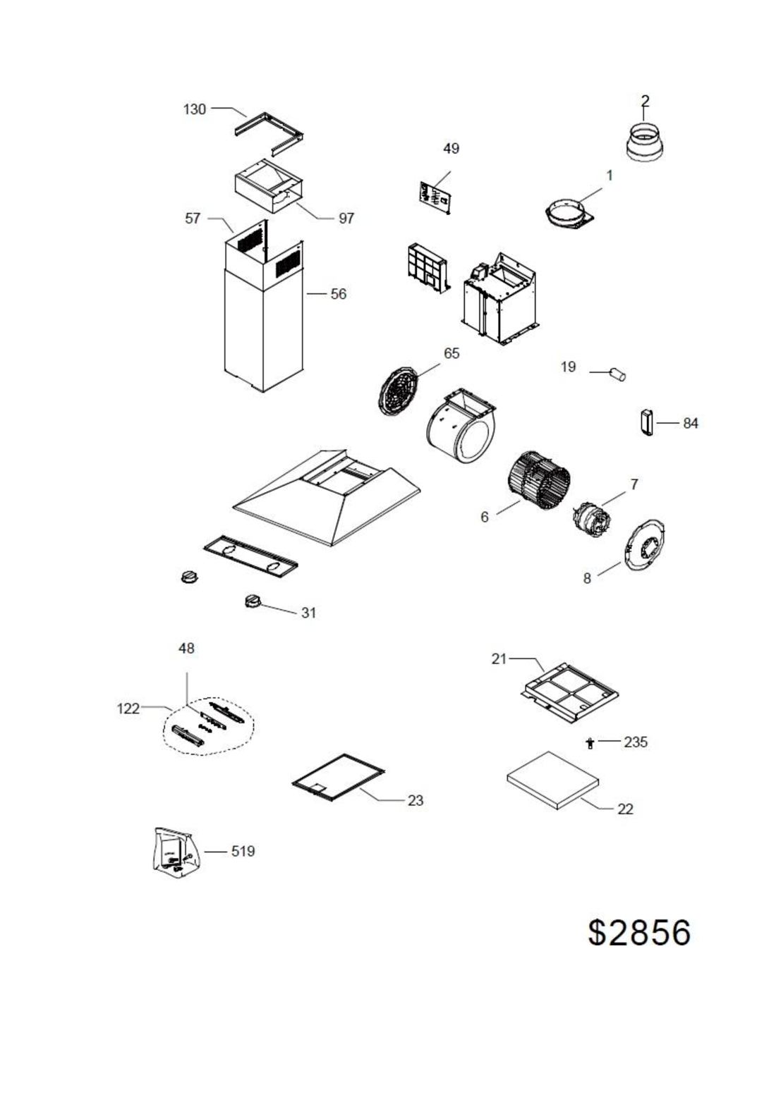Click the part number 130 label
[x=195, y=109]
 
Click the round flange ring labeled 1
[x=568, y=214]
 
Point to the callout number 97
[x=346, y=219]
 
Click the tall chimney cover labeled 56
[x=265, y=331]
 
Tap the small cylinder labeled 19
[x=618, y=374]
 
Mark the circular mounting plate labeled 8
[x=644, y=546]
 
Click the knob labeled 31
[x=253, y=601]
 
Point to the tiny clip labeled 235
[x=590, y=742]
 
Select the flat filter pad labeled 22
[x=552, y=779]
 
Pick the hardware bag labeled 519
[x=175, y=852]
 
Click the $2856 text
[x=639, y=932]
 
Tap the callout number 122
[x=128, y=709]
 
